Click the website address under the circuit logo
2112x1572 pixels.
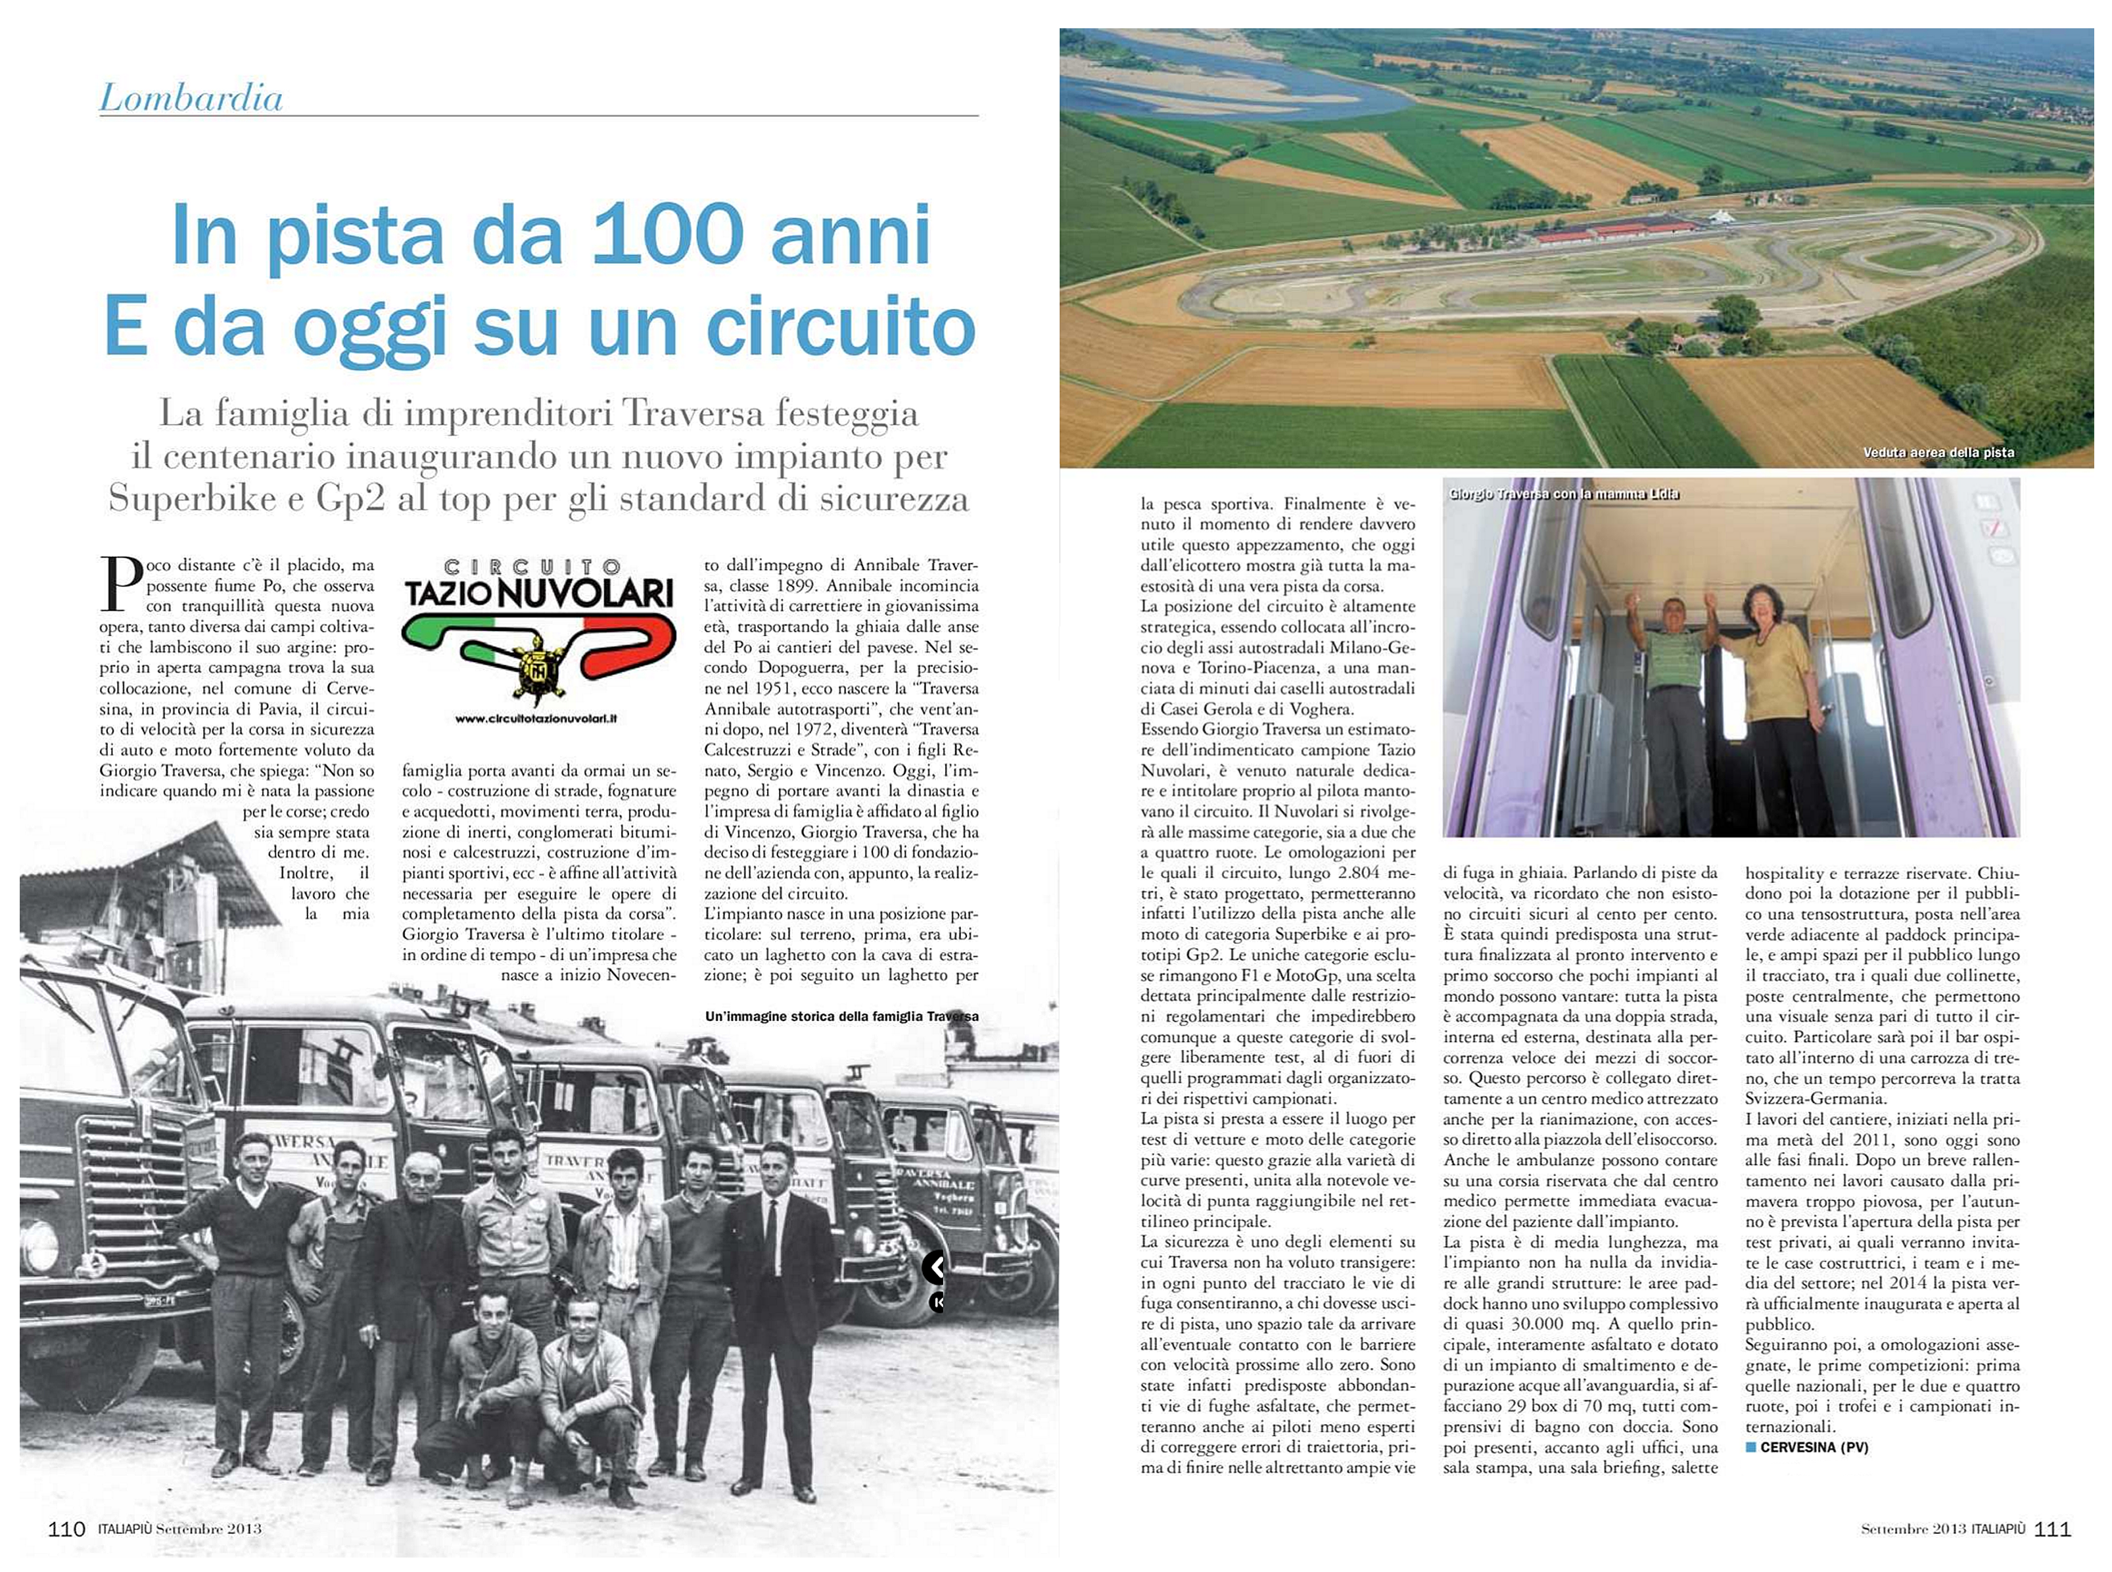(536, 719)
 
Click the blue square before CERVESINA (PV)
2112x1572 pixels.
(1751, 1447)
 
